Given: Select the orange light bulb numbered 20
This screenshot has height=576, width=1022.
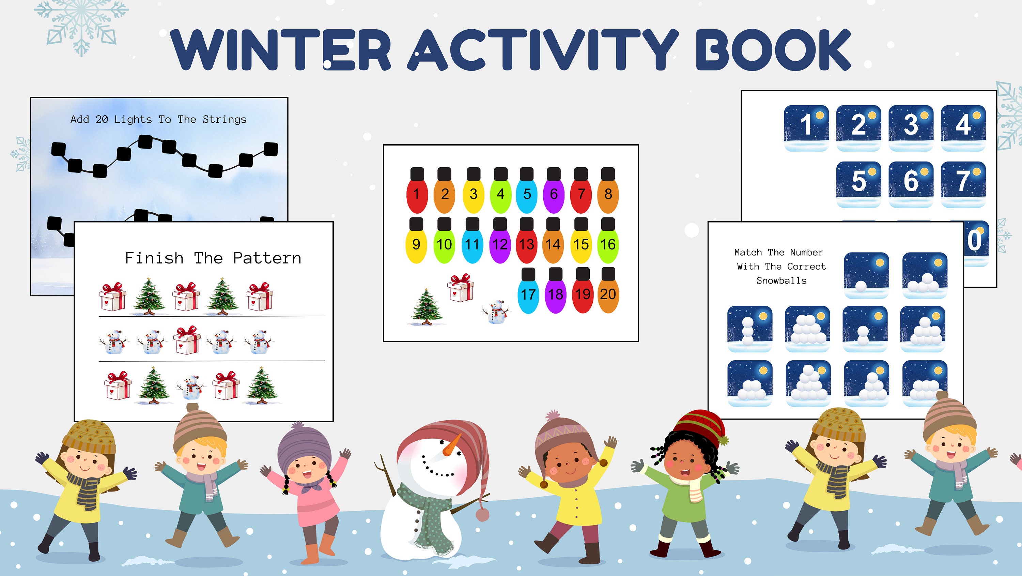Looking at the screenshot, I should click(x=608, y=294).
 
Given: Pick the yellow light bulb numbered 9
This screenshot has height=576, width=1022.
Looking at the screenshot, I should click(x=416, y=244).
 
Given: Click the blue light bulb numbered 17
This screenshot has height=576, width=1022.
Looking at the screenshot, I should click(x=528, y=294).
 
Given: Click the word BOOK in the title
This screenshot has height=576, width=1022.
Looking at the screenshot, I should click(x=772, y=50).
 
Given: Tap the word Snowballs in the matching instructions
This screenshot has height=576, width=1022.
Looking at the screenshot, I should click(x=781, y=281).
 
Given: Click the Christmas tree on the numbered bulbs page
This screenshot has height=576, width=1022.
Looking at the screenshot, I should click(x=426, y=306).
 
